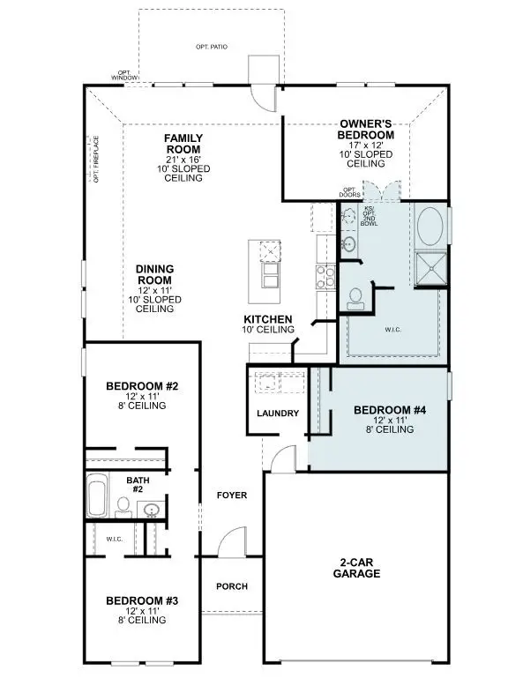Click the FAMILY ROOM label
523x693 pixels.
tap(183, 138)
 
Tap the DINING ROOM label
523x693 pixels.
tap(154, 270)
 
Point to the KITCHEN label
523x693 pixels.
tap(269, 319)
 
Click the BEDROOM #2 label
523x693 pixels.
tap(142, 386)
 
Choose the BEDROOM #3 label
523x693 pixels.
tap(142, 600)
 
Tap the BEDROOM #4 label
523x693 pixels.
tap(389, 410)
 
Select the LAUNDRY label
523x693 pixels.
tap(278, 414)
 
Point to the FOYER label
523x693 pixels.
tap(232, 496)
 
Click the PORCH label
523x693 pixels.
tap(232, 586)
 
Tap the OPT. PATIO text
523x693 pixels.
tap(212, 46)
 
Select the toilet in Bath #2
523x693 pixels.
tap(123, 506)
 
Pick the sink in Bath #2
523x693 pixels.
tap(151, 509)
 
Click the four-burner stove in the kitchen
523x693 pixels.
tap(324, 274)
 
